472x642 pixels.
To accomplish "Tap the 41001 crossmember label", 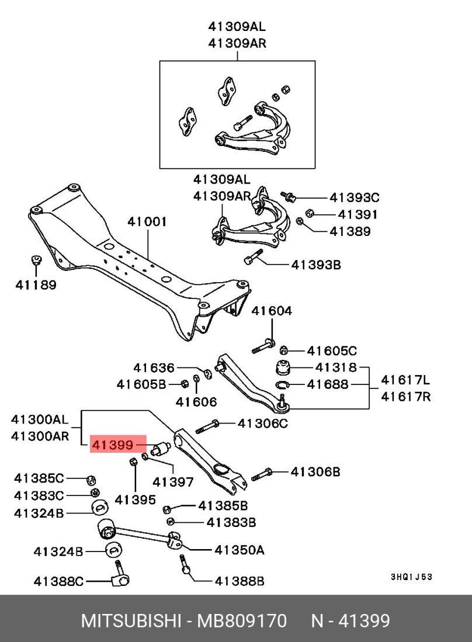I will [x=148, y=222].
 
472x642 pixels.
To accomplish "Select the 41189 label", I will [x=36, y=285].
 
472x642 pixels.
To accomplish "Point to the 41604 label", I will [x=272, y=311].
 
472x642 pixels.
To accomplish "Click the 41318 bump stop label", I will [x=336, y=367].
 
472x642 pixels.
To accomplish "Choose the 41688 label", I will [x=328, y=384].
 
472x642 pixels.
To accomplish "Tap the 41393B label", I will [x=316, y=265].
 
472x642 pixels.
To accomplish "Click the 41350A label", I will [x=240, y=550].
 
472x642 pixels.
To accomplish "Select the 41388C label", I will [x=59, y=581].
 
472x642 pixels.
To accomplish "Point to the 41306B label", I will [x=315, y=471].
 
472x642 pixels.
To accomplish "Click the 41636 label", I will [x=154, y=368].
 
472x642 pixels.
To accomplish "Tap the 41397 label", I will [x=173, y=482].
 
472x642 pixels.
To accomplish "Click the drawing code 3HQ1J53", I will [x=411, y=577].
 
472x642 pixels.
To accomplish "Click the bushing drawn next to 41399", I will [x=159, y=450].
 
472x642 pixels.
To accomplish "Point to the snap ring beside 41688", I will [x=282, y=384].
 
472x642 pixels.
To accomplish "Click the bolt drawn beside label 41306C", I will [x=207, y=425].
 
